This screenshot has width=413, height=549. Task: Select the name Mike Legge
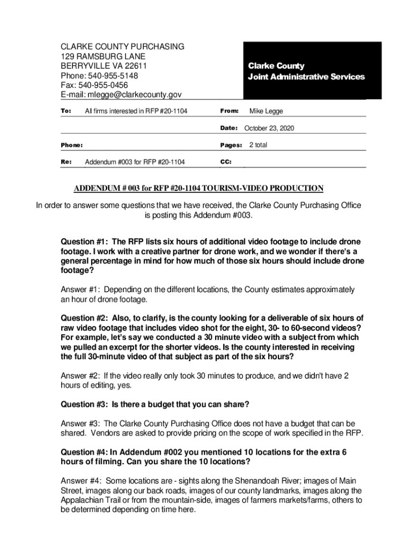pos(266,111)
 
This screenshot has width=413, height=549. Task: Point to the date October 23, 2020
pos(269,128)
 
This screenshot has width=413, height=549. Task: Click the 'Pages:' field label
pos(232,145)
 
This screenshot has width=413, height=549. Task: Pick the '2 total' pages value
pos(258,145)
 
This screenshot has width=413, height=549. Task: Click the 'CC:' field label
pos(226,162)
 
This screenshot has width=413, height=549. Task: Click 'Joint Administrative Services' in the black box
pos(306,77)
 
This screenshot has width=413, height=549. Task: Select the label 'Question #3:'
pos(85,404)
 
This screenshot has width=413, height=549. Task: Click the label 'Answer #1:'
pos(81,290)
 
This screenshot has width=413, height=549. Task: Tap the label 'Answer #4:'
pos(81,481)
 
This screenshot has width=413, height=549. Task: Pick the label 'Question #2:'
pos(85,317)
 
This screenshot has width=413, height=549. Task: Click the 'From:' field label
pos(230,111)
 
